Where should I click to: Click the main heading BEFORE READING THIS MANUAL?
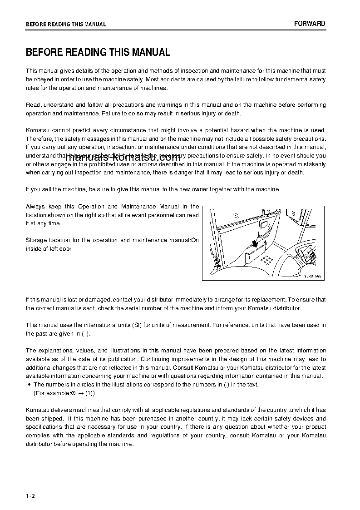[x=98, y=52]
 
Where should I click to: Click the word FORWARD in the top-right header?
[x=309, y=24]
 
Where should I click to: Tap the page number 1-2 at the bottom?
[x=30, y=496]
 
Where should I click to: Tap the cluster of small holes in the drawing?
[x=267, y=260]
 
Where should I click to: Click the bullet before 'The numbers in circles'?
[x=29, y=385]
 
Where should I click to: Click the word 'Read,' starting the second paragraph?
[x=34, y=105]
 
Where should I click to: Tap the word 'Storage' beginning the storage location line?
[x=35, y=240]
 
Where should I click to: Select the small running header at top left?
[x=66, y=25]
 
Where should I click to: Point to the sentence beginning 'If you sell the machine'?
[x=153, y=189]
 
